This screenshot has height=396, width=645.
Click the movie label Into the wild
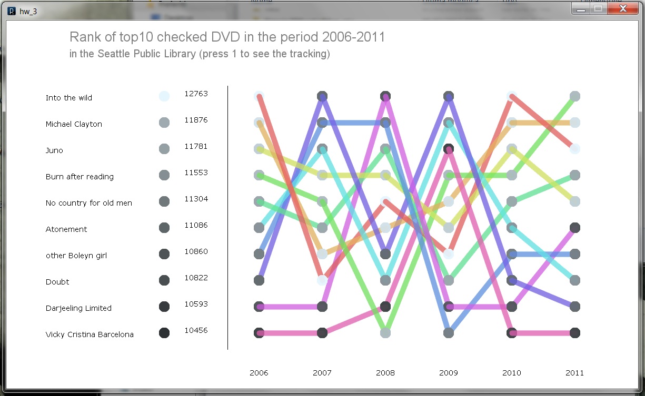(x=69, y=98)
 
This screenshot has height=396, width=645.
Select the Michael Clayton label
(x=74, y=124)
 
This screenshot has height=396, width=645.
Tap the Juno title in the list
(x=54, y=150)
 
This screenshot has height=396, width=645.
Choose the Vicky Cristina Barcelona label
(x=90, y=334)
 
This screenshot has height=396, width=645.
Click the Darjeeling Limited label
(x=78, y=308)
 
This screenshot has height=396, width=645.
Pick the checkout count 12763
(x=196, y=94)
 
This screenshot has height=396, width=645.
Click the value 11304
(x=196, y=199)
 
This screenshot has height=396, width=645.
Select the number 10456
(x=196, y=330)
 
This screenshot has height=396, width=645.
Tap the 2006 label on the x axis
(x=259, y=373)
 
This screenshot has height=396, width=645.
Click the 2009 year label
(x=449, y=373)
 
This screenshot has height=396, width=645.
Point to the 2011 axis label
(x=575, y=373)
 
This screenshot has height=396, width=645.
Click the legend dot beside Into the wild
(x=164, y=96)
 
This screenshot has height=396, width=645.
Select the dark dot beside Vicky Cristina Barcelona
(x=164, y=333)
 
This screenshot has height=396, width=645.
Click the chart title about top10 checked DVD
(x=227, y=37)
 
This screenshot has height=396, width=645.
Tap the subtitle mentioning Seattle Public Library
(x=200, y=54)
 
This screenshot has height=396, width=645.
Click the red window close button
(x=622, y=8)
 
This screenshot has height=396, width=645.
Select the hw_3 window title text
(x=28, y=11)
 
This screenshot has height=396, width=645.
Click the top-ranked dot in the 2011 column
(x=575, y=96)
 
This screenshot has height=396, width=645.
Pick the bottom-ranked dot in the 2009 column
(x=449, y=333)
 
